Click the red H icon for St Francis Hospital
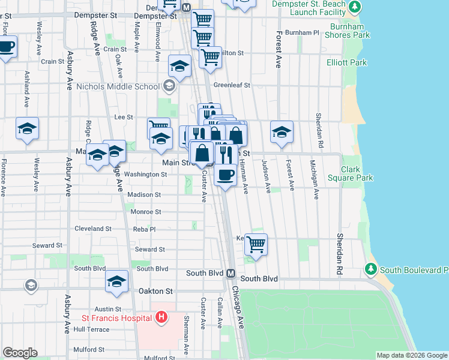161,317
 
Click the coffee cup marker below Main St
225,176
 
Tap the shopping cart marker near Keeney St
256,244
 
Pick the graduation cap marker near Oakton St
117,281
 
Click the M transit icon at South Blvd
230,273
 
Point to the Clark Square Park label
357,173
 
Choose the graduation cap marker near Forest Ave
282,131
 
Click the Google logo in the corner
20,353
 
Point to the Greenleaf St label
232,85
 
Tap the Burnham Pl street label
303,32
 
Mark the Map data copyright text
411,355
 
